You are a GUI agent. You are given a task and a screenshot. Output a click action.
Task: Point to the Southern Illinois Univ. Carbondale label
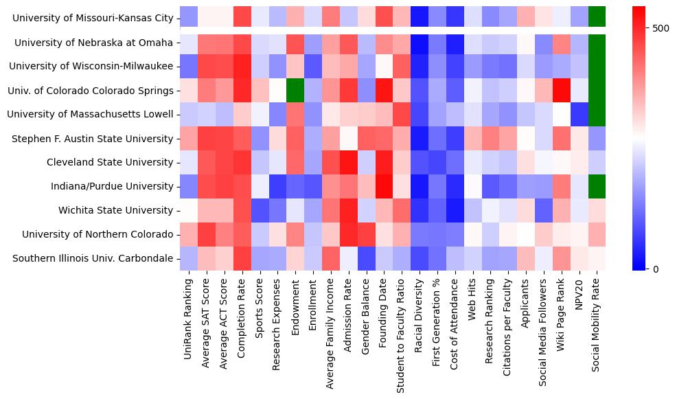(x=97, y=259)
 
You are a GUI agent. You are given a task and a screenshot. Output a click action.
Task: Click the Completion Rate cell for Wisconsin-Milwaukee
(x=242, y=67)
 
